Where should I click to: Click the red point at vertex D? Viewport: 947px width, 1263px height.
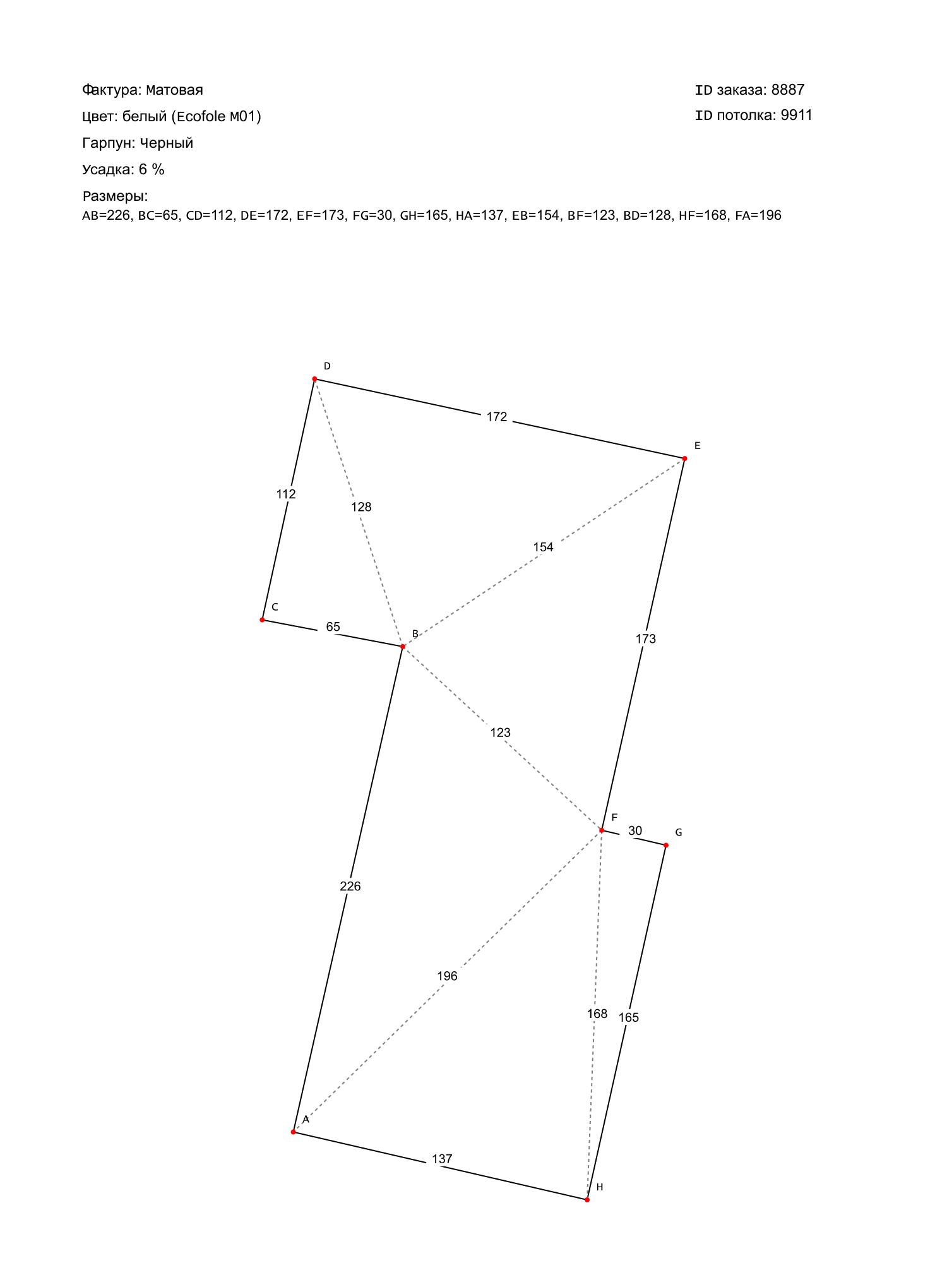coord(314,379)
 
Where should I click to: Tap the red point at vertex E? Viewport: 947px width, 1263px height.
coord(684,458)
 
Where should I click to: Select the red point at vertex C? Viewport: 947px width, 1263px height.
coord(262,620)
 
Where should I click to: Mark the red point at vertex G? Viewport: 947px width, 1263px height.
coord(665,845)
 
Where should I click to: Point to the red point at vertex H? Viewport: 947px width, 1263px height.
coord(587,1199)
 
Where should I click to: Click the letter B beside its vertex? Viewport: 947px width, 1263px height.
coord(415,634)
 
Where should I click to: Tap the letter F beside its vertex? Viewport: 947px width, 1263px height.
coord(614,818)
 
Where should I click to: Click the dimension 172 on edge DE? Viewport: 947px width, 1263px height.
coord(497,417)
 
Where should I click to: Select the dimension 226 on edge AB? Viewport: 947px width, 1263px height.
coord(350,887)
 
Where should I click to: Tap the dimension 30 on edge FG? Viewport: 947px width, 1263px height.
coord(635,831)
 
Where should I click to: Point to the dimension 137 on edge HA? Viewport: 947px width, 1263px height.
coord(442,1159)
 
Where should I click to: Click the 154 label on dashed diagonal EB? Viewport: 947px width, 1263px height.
coord(543,548)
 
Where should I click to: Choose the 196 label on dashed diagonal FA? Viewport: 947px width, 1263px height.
coord(447,976)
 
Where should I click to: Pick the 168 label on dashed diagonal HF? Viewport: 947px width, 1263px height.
coord(597,1014)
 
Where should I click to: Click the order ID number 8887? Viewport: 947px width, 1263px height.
coord(788,90)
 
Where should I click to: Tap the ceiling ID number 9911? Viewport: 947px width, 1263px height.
coord(797,116)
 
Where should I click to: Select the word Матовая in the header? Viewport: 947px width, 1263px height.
coord(175,90)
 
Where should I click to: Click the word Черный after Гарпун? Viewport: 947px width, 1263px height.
coord(167,143)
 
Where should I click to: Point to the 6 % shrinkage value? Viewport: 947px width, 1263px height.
coord(152,170)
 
